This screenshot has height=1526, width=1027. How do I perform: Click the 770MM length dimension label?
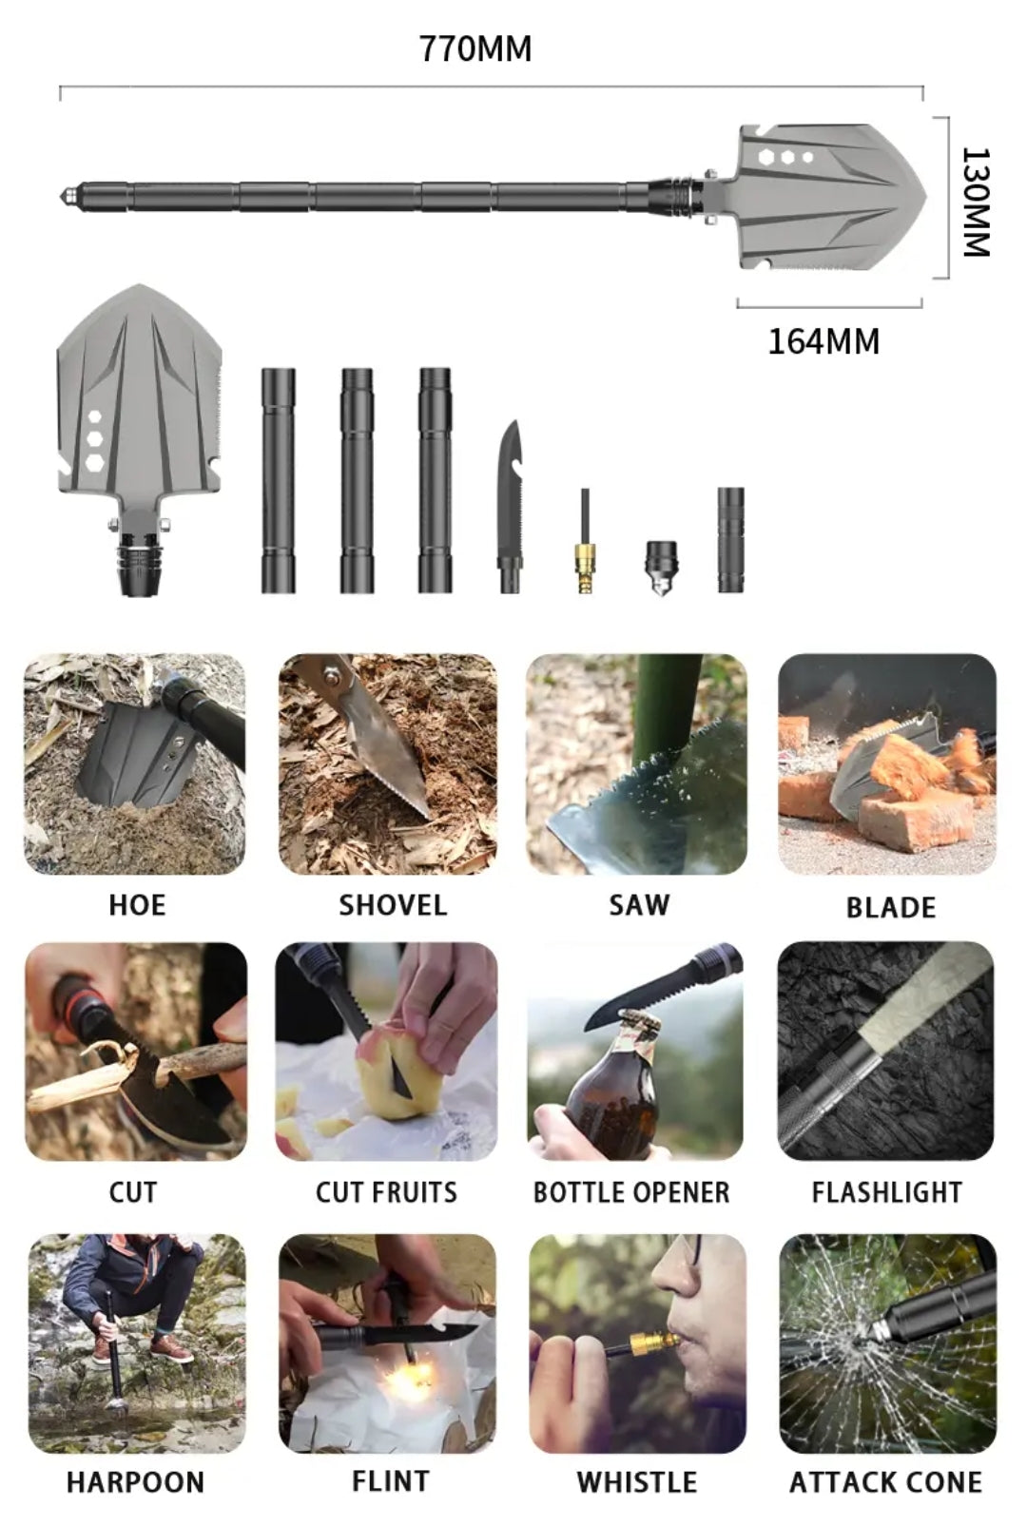[x=475, y=48]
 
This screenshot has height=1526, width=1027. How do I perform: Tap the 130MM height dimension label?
[x=976, y=202]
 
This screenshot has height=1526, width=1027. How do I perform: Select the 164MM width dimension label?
[x=824, y=341]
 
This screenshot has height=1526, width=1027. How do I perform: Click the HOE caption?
[x=137, y=904]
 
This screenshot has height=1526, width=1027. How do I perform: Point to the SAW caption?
[x=639, y=904]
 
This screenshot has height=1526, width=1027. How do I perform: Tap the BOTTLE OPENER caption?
[x=631, y=1192]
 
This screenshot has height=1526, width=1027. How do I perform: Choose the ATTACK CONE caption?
[x=885, y=1481]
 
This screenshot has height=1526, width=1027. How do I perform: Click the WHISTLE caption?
[x=636, y=1481]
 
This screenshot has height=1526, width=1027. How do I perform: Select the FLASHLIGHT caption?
[x=886, y=1192]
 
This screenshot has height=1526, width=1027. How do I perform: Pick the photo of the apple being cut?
[x=386, y=1051]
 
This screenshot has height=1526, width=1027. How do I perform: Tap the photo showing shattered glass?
[x=888, y=1342]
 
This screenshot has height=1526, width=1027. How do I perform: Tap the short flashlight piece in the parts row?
[x=730, y=539]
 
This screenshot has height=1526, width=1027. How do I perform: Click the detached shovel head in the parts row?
[x=139, y=428]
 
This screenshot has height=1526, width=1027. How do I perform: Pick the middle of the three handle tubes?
[x=357, y=480]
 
